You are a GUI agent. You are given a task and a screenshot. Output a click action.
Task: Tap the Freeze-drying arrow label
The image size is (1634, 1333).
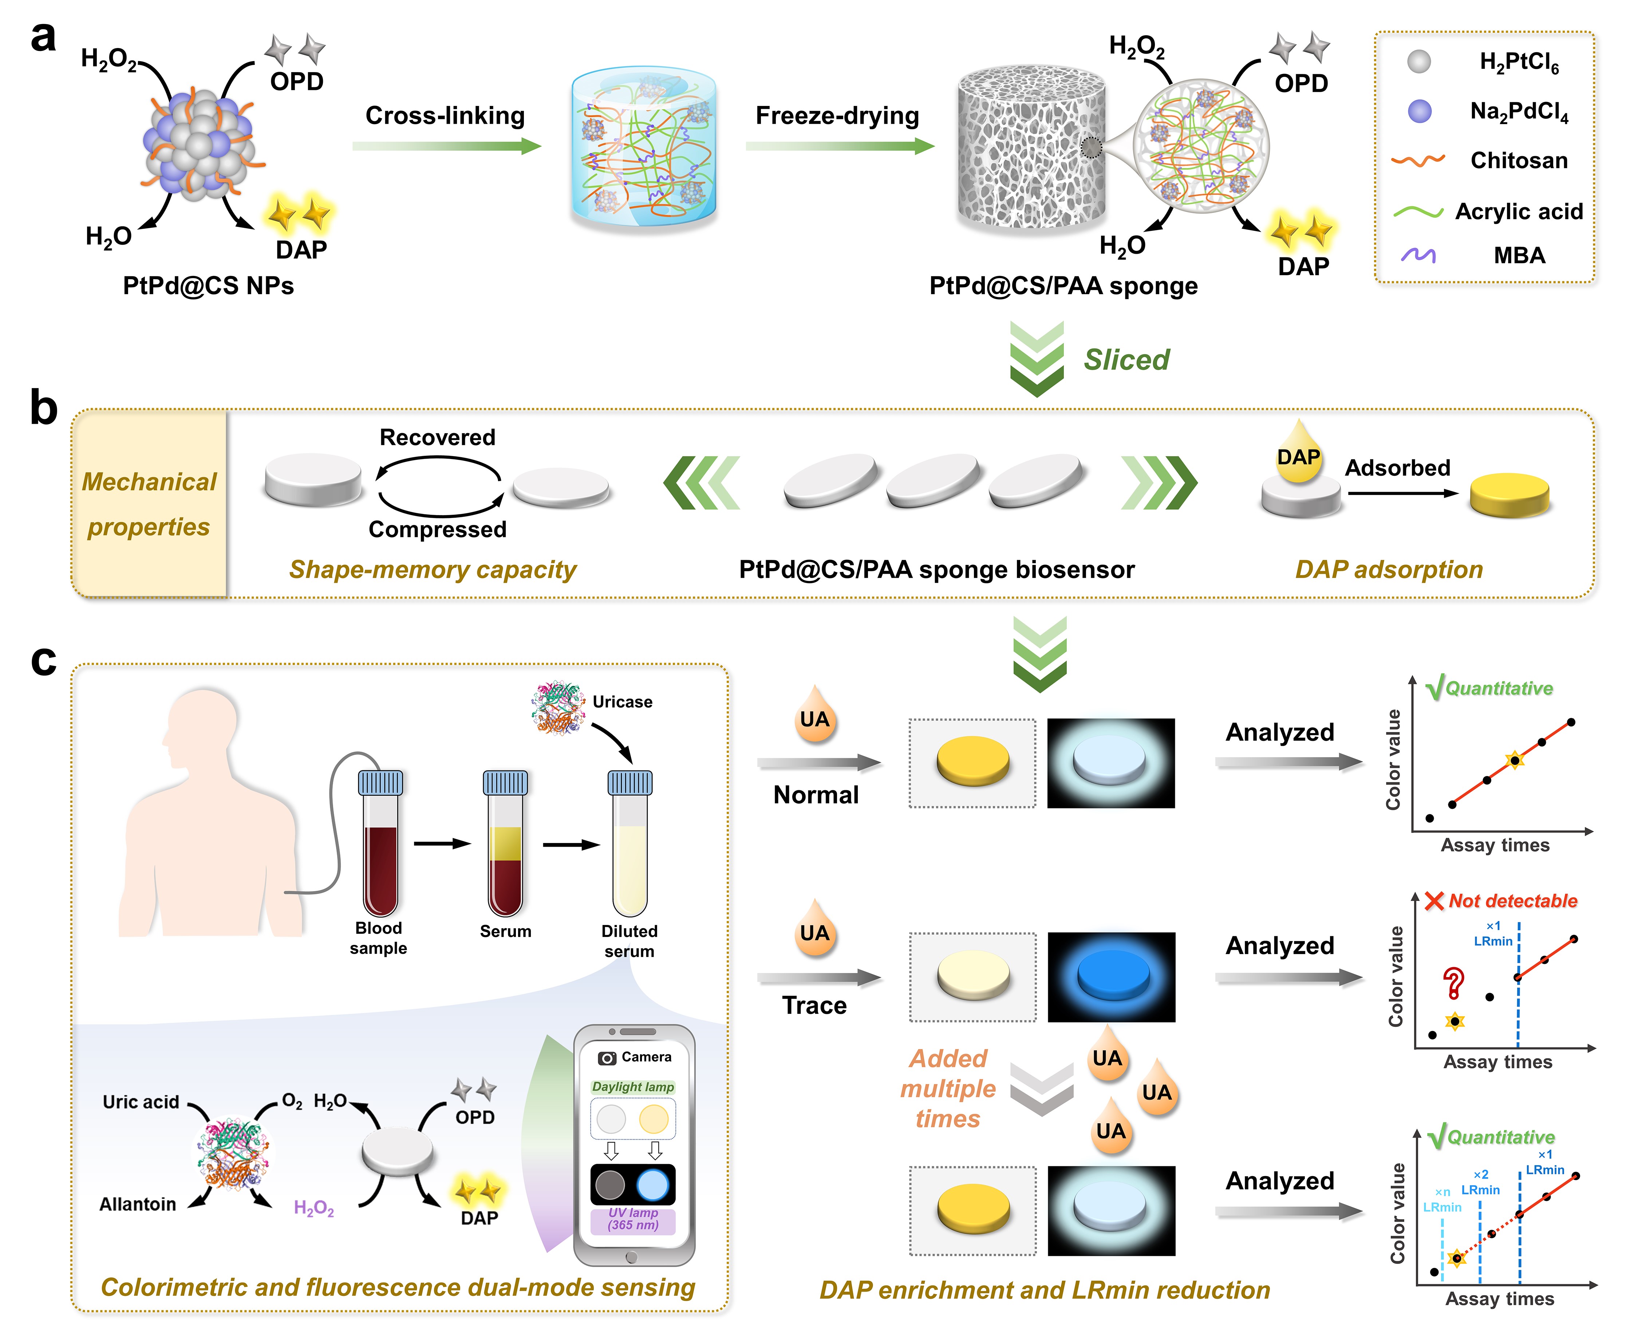coord(837,116)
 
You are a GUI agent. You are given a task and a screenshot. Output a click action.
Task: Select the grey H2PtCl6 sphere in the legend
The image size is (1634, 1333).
coord(1419,62)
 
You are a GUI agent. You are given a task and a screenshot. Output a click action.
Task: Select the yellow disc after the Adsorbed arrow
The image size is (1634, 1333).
coord(1509,495)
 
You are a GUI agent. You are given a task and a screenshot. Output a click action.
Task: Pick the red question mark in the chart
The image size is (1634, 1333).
coord(1453,983)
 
